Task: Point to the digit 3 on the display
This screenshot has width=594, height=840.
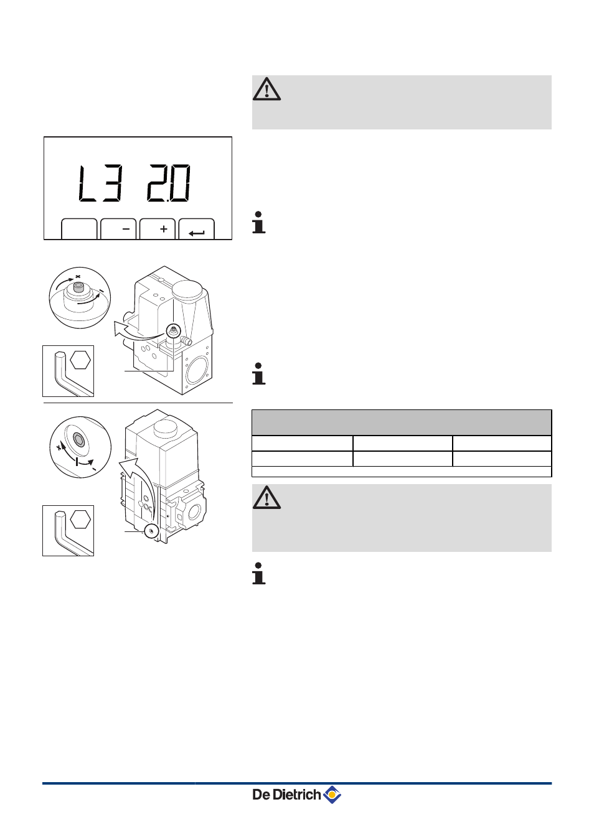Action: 113,183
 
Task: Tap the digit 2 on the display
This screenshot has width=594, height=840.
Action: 158,183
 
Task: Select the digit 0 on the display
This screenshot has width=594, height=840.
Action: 180,183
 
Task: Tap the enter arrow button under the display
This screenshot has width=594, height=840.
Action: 197,229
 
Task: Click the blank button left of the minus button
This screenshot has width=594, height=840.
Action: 79,229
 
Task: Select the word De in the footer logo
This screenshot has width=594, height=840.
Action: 261,794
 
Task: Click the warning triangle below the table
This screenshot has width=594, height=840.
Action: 266,498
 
